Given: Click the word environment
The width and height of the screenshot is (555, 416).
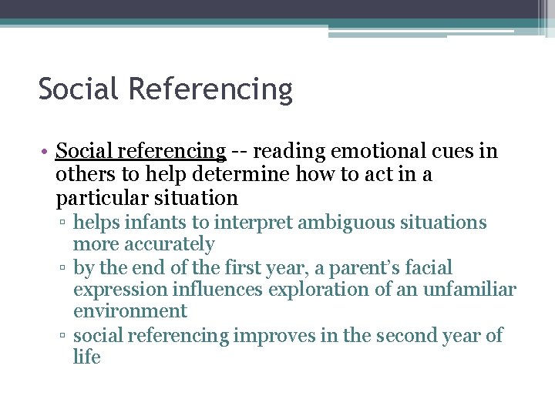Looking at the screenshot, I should coord(130,311).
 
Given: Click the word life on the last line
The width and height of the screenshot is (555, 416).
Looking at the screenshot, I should coord(87,357).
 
